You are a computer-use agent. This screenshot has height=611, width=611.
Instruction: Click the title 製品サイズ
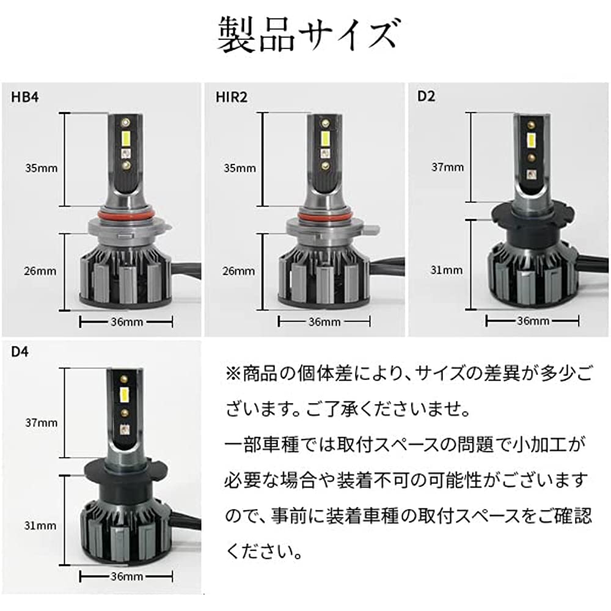pos(308,35)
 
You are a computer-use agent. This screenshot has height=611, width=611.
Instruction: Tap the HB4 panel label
pos(25,97)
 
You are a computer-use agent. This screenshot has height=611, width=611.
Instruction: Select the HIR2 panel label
pos(232,97)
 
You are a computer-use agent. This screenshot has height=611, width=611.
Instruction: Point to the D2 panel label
pos(426,96)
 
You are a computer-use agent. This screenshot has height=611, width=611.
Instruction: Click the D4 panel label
pos(20,351)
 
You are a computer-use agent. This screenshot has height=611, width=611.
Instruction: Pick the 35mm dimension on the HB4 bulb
pos(42,169)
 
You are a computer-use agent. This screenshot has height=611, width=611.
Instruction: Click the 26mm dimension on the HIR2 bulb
pos(239,271)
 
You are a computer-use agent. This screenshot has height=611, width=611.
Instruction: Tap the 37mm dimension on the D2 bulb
pos(448,167)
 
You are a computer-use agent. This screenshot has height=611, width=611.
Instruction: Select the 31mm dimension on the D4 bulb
pos(40,525)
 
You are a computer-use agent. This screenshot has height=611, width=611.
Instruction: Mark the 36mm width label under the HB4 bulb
pos(126,322)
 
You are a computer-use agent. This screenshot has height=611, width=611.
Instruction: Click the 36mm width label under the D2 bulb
pos(533,321)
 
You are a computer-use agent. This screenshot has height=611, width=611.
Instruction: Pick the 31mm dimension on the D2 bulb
pos(447,270)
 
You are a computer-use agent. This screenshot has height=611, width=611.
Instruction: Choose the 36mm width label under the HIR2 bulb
pos(324,322)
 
